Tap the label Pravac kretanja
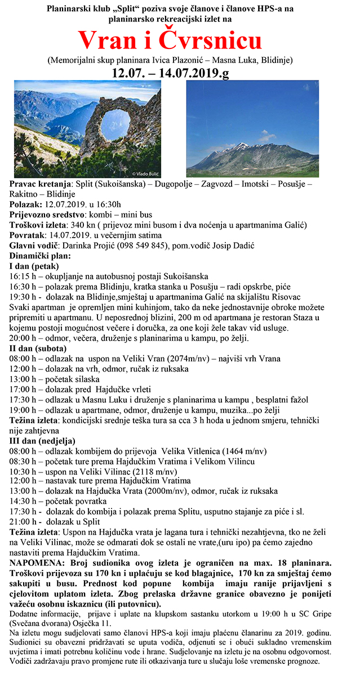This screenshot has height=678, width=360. tap(41, 184)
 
